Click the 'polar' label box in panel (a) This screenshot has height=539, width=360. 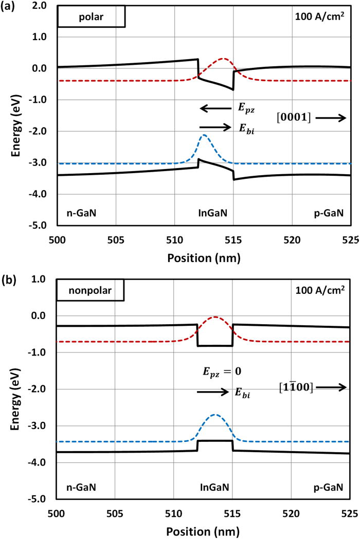pyautogui.click(x=91, y=16)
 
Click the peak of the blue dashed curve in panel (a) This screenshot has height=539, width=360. pyautogui.click(x=205, y=135)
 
